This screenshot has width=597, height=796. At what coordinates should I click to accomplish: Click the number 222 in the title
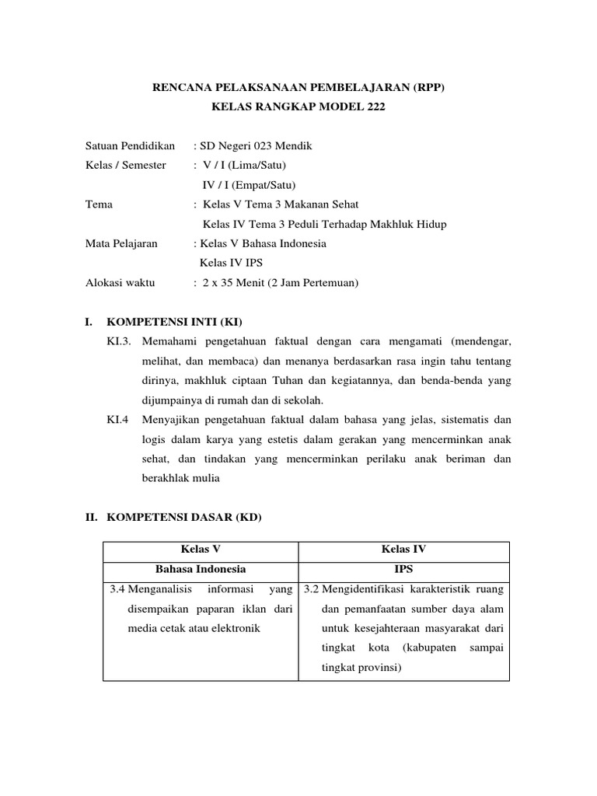point(375,106)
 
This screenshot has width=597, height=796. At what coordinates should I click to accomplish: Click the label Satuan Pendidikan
point(130,145)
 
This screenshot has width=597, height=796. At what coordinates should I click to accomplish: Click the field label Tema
point(99,204)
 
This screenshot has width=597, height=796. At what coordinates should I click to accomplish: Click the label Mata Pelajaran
point(121,243)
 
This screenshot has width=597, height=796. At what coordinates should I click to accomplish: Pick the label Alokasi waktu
point(120,283)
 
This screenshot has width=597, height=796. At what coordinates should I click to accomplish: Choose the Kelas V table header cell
point(201,550)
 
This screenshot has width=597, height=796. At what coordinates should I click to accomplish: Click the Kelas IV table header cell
point(403,550)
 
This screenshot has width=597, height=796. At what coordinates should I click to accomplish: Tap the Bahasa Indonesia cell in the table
point(201,569)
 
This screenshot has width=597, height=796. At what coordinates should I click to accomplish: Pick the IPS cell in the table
point(403,569)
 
